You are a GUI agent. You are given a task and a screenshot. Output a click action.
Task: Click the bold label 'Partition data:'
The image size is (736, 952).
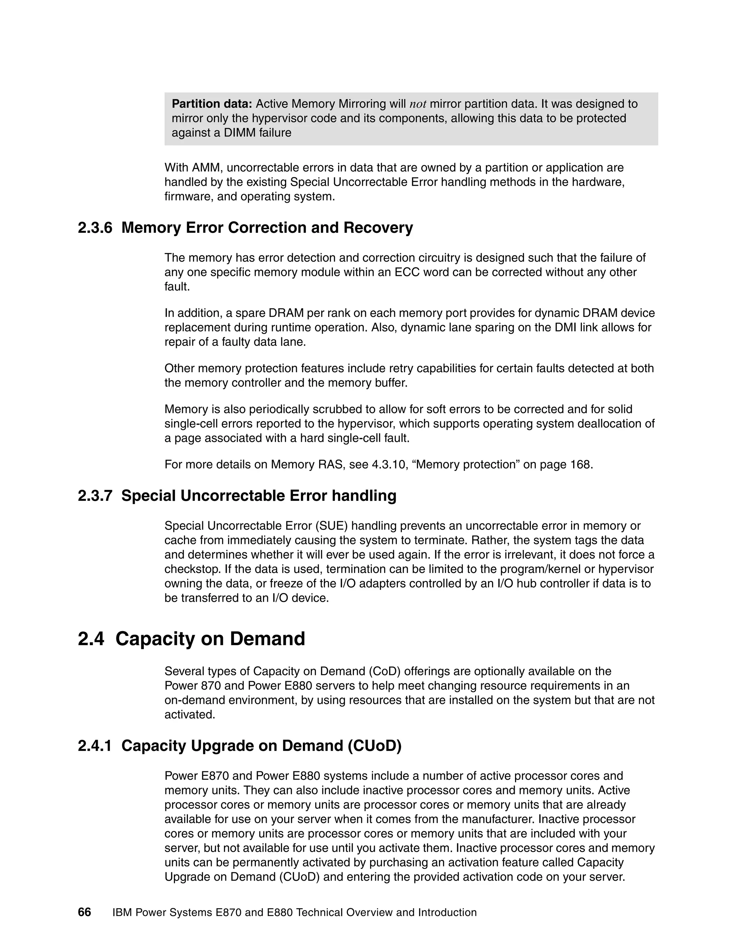(212, 104)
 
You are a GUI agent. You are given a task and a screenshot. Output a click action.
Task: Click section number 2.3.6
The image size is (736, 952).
(95, 227)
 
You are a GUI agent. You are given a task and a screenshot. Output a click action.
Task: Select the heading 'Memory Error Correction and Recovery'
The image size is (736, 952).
(267, 227)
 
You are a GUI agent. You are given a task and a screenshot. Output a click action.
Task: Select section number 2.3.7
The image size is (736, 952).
(95, 496)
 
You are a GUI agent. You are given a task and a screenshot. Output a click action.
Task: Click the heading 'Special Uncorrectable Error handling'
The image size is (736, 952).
(258, 496)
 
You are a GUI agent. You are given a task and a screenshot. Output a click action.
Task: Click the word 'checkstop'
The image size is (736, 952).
(192, 569)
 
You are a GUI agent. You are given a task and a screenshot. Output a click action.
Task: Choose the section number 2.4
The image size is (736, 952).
(91, 639)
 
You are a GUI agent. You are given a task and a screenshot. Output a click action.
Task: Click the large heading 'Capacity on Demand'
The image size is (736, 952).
(210, 639)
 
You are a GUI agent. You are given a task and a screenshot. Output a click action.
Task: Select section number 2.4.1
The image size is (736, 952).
(95, 746)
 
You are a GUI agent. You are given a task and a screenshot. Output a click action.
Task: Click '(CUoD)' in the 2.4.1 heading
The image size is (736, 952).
(374, 746)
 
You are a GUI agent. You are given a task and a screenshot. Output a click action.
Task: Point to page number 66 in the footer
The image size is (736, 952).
(84, 912)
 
